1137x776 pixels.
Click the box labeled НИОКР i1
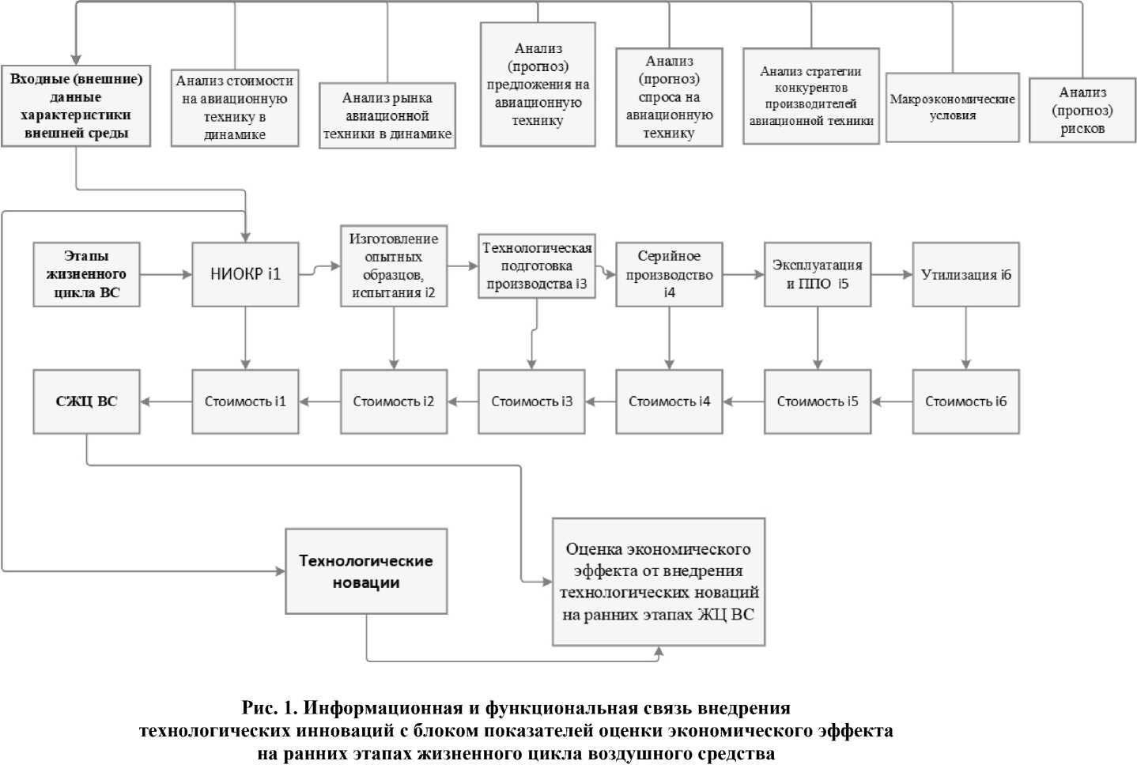pyautogui.click(x=245, y=274)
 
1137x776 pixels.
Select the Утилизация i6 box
pyautogui.click(x=965, y=274)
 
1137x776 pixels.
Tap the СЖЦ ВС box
pyautogui.click(x=86, y=401)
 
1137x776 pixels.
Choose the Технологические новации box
pyautogui.click(x=366, y=571)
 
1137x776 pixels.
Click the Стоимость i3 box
pyautogui.click(x=531, y=401)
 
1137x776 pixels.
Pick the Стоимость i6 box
pyautogui.click(x=965, y=401)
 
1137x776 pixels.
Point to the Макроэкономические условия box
pyautogui.click(x=952, y=107)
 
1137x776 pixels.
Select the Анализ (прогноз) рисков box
pyautogui.click(x=1082, y=110)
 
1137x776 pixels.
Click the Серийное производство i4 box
pyautogui.click(x=669, y=274)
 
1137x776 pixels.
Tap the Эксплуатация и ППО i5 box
pyautogui.click(x=817, y=274)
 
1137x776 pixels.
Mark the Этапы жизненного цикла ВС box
pyautogui.click(x=86, y=274)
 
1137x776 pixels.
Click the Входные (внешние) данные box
pyautogui.click(x=76, y=106)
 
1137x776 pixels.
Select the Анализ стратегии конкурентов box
pyautogui.click(x=810, y=96)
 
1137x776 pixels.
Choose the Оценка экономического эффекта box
pyautogui.click(x=659, y=582)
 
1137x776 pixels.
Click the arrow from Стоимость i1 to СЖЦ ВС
pyautogui.click(x=166, y=401)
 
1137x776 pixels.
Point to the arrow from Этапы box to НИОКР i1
pyautogui.click(x=166, y=274)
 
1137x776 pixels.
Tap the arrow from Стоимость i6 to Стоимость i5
pyautogui.click(x=892, y=401)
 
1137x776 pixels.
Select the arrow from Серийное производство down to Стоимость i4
pyautogui.click(x=669, y=337)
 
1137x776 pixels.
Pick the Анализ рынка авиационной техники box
pyautogui.click(x=387, y=115)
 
